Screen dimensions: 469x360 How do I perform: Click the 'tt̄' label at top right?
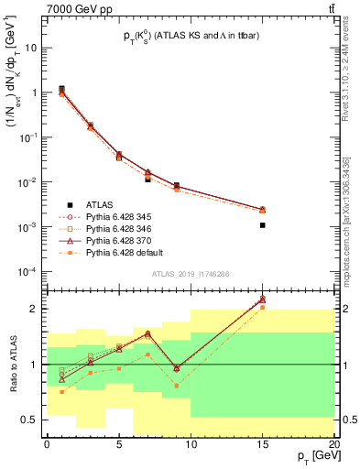(329, 8)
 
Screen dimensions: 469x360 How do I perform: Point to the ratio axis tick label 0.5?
(29, 420)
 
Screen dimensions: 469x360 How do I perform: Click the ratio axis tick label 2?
(34, 309)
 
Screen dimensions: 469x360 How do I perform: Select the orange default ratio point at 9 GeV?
(177, 386)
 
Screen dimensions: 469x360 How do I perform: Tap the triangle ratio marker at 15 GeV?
(263, 299)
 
